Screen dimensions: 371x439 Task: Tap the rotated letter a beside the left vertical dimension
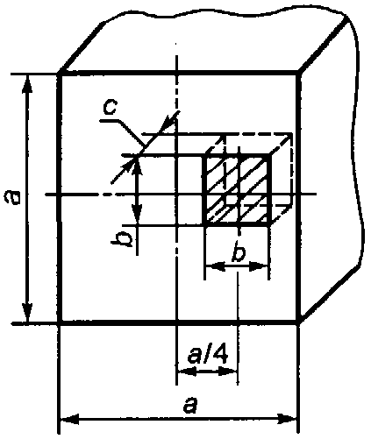pos(12,196)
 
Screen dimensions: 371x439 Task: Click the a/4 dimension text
pos(208,354)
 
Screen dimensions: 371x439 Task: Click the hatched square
pos(238,190)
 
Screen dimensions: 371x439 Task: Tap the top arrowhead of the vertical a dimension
pos(27,84)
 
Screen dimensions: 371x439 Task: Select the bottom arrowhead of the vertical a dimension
pos(27,313)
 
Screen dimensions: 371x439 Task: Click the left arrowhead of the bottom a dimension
pos(69,420)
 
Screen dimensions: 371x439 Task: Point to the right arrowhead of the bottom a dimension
pos(288,420)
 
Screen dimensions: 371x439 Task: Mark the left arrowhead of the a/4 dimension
pos(186,372)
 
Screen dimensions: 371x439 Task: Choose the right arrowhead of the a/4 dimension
pos(228,372)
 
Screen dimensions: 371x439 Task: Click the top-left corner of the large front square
pos(60,72)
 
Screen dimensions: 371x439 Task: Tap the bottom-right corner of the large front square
pos(298,322)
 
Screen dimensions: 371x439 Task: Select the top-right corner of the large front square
pos(298,72)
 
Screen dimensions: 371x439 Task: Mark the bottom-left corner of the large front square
pos(60,322)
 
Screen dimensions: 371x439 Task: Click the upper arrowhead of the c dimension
pos(169,122)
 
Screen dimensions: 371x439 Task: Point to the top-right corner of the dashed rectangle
pos(292,134)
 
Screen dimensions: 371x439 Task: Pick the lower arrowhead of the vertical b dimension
pos(137,215)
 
